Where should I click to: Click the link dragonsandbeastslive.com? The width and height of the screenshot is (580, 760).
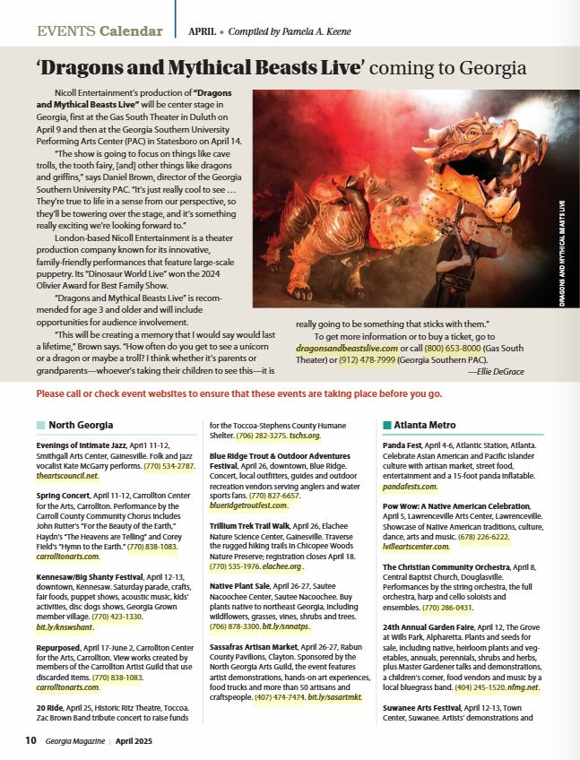click(x=347, y=347)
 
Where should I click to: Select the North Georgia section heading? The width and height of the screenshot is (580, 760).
click(x=74, y=425)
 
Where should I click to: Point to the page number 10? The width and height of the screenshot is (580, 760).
click(x=30, y=740)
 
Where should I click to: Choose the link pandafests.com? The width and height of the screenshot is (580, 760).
click(x=410, y=487)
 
